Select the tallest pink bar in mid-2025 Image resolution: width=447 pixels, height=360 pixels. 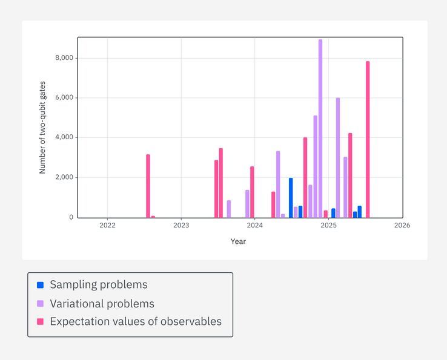[x=368, y=139]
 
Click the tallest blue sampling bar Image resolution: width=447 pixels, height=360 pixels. [x=291, y=197]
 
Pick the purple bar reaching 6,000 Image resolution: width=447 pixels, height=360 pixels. [x=338, y=157]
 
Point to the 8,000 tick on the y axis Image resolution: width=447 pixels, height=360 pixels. [x=64, y=58]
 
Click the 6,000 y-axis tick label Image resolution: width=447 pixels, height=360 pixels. [x=64, y=98]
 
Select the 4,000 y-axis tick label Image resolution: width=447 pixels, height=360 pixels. [x=64, y=137]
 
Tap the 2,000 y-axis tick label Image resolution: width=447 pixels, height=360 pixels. [x=64, y=177]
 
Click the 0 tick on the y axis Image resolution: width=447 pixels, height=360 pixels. [x=70, y=217]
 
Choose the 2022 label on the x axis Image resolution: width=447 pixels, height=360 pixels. [x=107, y=226]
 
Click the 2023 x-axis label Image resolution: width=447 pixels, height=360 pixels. [x=181, y=226]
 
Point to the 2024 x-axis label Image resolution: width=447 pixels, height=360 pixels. [x=255, y=226]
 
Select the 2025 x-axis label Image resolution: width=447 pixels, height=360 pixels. [x=328, y=226]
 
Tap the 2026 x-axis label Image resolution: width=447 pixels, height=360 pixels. [x=402, y=226]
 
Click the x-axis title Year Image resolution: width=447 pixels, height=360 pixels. [x=238, y=241]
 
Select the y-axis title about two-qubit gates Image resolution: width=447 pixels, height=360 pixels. [x=42, y=128]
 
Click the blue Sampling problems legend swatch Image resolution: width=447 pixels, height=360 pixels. [x=40, y=285]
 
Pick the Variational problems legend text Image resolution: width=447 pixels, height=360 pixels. [x=102, y=304]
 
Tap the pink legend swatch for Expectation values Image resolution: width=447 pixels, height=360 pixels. [x=40, y=322]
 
